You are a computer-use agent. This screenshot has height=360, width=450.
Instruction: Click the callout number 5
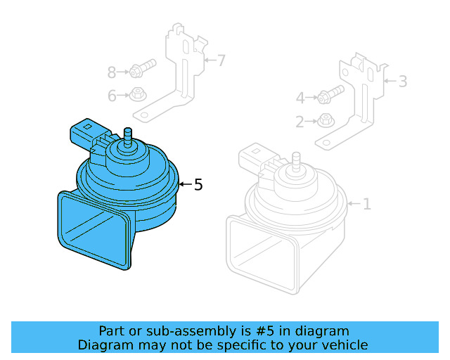point(198,185)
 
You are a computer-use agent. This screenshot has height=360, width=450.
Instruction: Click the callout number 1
point(366,205)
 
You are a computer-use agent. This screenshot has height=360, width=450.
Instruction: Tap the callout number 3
point(402,82)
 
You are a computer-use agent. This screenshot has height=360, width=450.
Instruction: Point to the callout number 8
point(112,72)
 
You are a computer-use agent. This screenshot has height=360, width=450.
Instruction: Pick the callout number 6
point(112,96)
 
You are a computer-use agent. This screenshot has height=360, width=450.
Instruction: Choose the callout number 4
point(300,98)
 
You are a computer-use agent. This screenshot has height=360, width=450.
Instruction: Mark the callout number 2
point(300,122)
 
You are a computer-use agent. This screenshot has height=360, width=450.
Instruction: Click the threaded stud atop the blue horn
point(128,135)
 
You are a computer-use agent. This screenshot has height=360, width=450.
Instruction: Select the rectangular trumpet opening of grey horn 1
point(262,253)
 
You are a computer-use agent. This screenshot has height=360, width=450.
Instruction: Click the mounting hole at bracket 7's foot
point(143,115)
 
